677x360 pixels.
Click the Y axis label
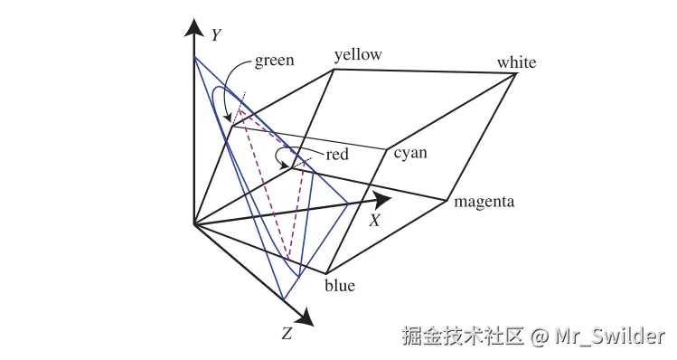point(216,35)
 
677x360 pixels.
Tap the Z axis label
point(287,334)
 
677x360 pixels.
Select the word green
point(274,61)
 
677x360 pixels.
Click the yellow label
point(358,55)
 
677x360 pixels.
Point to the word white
point(516,62)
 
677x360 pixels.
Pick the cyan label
point(410,152)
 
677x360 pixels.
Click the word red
point(337,155)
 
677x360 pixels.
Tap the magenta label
point(484,201)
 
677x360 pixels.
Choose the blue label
point(340,286)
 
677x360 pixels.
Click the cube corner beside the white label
point(516,74)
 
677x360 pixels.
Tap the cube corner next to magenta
point(448,200)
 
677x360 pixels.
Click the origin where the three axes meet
point(193,223)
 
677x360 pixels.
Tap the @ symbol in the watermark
point(540,336)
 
